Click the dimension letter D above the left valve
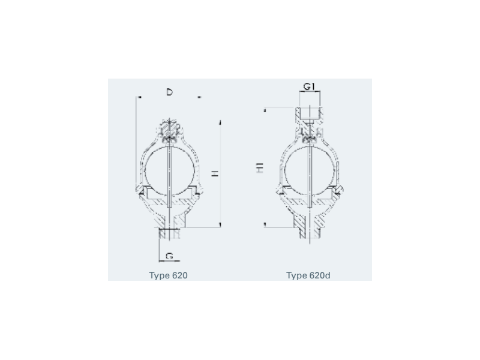point(169,92)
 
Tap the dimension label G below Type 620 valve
point(169,256)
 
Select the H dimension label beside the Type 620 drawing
point(215,173)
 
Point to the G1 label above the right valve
point(309,86)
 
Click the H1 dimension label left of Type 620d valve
point(260,168)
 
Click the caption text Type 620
point(169,275)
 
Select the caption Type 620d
point(308,275)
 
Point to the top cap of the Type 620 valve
point(169,128)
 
